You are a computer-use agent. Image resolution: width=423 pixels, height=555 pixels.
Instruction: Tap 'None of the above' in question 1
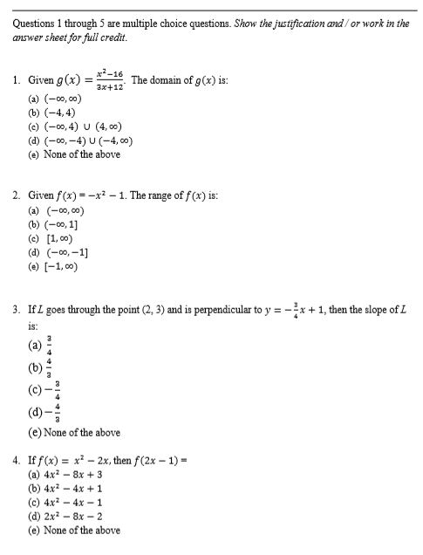pyautogui.click(x=73, y=154)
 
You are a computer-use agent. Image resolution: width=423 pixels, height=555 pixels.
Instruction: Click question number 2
pyautogui.click(x=16, y=195)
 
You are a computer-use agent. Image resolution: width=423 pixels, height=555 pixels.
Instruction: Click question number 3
pyautogui.click(x=16, y=309)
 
